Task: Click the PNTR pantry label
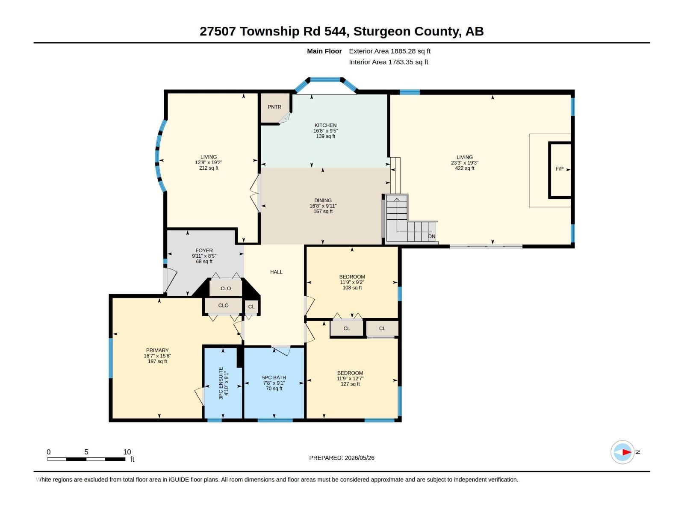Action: click(274, 107)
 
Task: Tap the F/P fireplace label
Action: click(559, 169)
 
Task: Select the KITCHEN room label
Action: click(325, 125)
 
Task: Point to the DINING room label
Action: click(323, 200)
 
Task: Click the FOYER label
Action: click(204, 251)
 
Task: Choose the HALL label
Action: click(276, 272)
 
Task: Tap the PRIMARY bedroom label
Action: click(157, 351)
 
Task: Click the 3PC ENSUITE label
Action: click(221, 383)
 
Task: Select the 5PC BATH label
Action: click(274, 377)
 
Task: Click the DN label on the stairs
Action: click(431, 236)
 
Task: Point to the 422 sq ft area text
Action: click(465, 168)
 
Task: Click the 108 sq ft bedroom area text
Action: click(352, 288)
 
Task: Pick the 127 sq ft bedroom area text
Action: click(350, 384)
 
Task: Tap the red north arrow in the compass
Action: click(626, 452)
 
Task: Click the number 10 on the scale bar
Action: click(127, 452)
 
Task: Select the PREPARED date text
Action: click(342, 458)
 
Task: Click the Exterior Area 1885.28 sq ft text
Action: click(390, 51)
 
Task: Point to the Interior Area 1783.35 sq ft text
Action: click(389, 62)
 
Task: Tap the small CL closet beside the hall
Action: click(251, 307)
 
